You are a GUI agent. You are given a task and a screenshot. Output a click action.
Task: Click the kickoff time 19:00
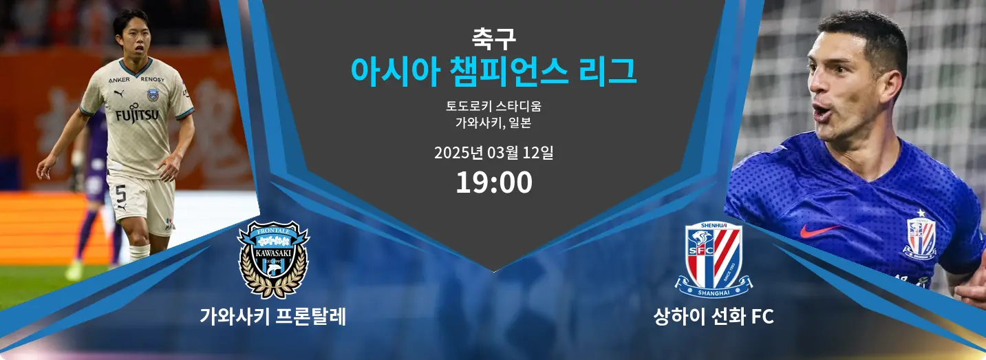494,182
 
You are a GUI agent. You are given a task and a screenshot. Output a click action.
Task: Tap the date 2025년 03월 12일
494,153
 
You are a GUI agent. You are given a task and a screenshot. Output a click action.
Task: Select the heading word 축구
494,39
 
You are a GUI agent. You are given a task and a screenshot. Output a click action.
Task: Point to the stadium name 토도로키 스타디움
494,106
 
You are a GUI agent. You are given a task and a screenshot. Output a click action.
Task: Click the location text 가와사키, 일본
494,123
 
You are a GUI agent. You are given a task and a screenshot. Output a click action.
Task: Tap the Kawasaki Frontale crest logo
273,260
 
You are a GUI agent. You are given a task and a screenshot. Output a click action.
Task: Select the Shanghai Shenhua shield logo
714,260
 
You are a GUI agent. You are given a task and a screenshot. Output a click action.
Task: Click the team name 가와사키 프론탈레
273,317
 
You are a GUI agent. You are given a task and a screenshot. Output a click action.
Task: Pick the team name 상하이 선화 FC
714,317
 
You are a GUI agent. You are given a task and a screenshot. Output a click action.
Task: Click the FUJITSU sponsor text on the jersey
136,114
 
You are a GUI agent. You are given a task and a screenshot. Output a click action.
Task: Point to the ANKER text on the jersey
119,80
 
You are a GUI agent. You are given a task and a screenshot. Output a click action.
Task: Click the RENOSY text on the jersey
152,79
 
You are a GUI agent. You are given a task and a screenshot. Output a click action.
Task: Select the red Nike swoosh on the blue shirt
819,230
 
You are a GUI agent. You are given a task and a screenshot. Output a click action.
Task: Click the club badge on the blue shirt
921,235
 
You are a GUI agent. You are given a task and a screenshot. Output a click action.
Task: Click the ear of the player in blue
894,86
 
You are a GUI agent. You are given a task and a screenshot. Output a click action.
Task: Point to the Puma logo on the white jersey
119,94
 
